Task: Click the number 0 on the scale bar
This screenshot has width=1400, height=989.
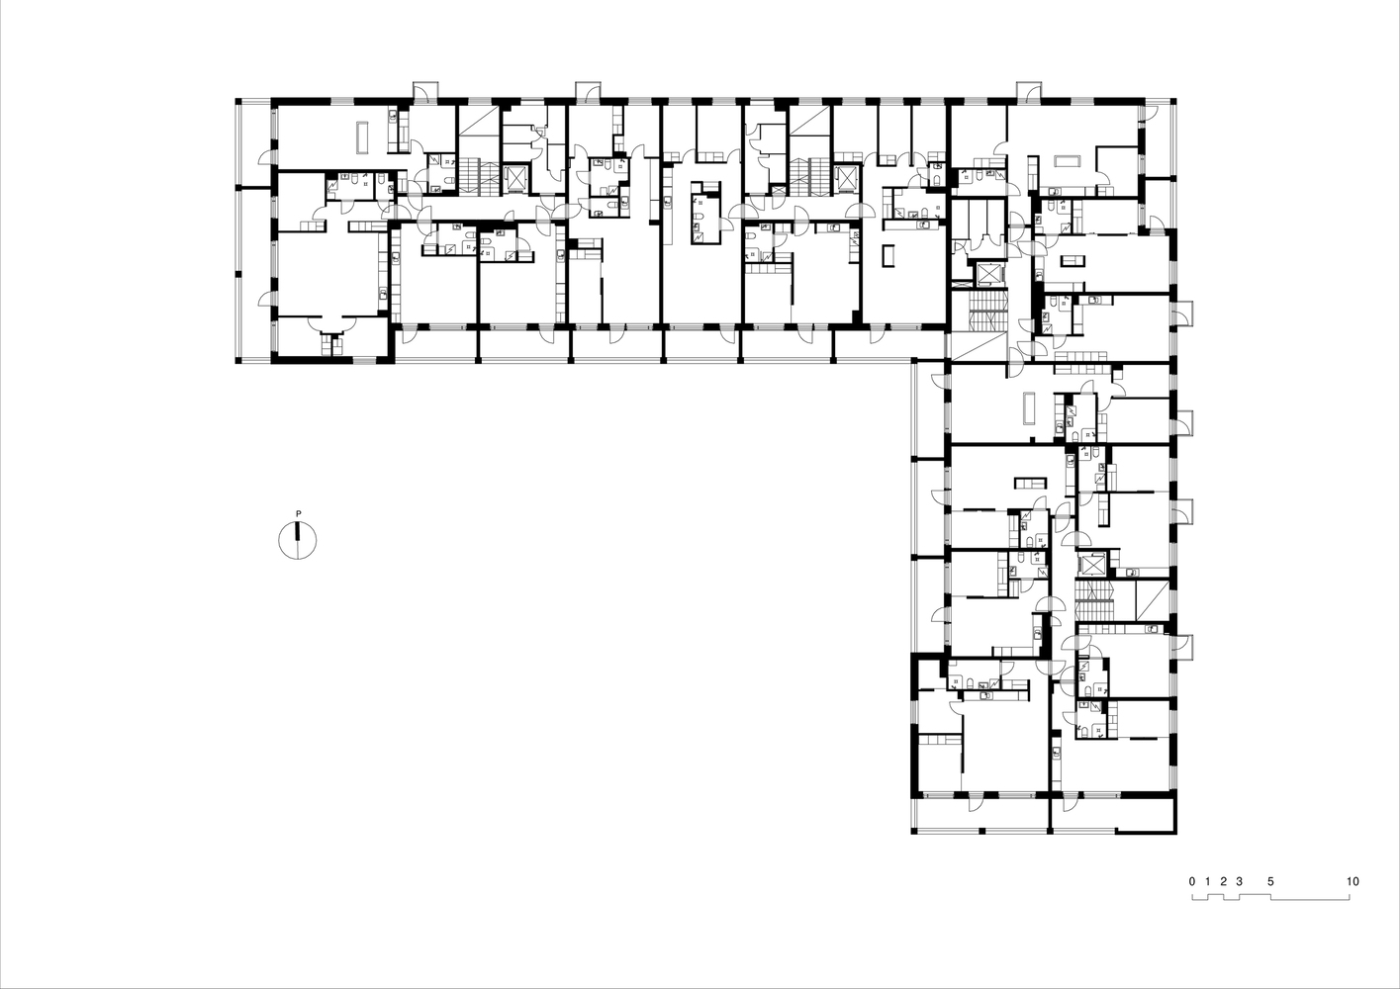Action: [x=1192, y=881]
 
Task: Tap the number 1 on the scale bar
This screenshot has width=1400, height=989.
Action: [x=1207, y=881]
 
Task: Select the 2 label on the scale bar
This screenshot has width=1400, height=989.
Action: [x=1223, y=881]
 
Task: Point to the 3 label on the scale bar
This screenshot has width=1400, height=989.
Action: [x=1240, y=881]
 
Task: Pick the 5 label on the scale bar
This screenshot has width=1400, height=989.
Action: [x=1270, y=881]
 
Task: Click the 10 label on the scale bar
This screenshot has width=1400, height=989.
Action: [x=1353, y=881]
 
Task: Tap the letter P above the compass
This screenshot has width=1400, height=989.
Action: [x=298, y=514]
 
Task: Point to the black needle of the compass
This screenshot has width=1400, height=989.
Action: [x=298, y=531]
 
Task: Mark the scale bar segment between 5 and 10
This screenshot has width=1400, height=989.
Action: [x=1310, y=899]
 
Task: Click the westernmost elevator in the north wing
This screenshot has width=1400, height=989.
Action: [x=515, y=178]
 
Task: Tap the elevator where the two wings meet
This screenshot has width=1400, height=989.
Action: [x=989, y=275]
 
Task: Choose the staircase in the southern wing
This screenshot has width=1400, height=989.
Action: [x=1095, y=599]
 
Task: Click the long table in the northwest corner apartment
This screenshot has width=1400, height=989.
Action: [x=363, y=137]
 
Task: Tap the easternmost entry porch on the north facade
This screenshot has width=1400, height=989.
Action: [x=1028, y=92]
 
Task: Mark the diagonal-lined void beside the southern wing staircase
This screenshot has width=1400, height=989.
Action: [x=1152, y=600]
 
